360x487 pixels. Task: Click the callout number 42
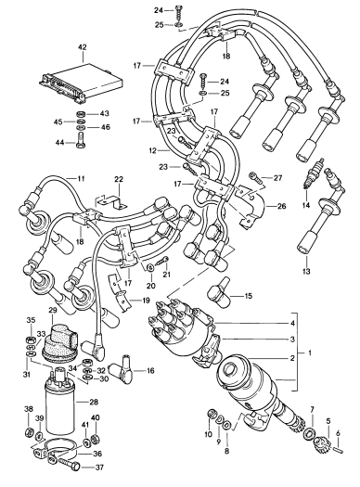pyautogui.click(x=83, y=47)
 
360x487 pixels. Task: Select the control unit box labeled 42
pyautogui.click(x=81, y=83)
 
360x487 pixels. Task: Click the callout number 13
pyautogui.click(x=306, y=272)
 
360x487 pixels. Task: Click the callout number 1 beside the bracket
pyautogui.click(x=309, y=353)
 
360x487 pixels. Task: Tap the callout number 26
pyautogui.click(x=281, y=206)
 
